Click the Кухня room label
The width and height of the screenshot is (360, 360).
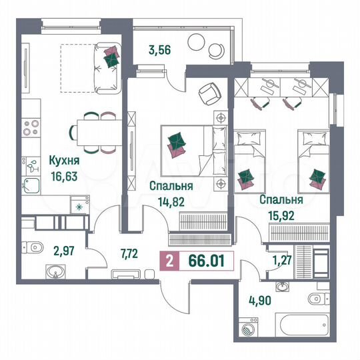(x=64, y=161)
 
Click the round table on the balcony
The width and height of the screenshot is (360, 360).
(x=195, y=43)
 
